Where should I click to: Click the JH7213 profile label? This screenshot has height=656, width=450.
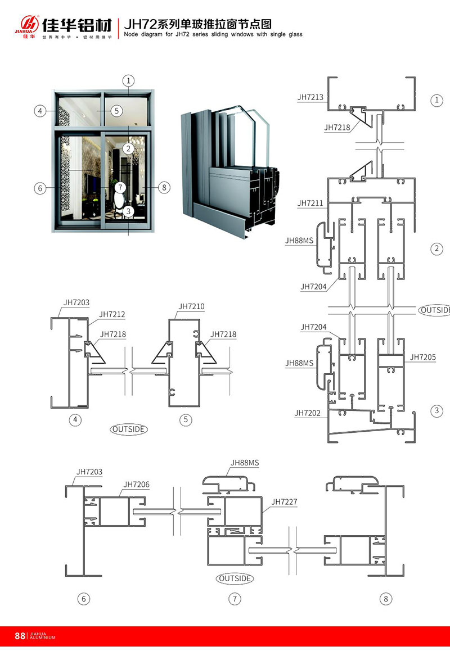pyautogui.click(x=310, y=97)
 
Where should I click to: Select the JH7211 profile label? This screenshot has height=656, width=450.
pyautogui.click(x=310, y=203)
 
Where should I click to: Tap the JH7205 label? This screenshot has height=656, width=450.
pyautogui.click(x=422, y=357)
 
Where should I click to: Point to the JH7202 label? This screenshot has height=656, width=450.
pyautogui.click(x=307, y=413)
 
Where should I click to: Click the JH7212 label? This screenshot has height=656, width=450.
pyautogui.click(x=112, y=314)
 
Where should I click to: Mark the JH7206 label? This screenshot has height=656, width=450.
pyautogui.click(x=137, y=484)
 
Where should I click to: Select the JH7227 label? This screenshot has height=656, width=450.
pyautogui.click(x=285, y=501)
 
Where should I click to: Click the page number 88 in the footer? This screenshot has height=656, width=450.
pyautogui.click(x=20, y=636)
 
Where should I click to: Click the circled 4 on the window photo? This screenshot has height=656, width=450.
pyautogui.click(x=40, y=111)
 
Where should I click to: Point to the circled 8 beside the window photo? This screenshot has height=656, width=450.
pyautogui.click(x=164, y=188)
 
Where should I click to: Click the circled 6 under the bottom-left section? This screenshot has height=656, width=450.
pyautogui.click(x=83, y=599)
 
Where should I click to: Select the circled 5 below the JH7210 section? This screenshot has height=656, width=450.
pyautogui.click(x=187, y=419)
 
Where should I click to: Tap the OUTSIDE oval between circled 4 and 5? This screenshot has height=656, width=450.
pyautogui.click(x=129, y=429)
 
